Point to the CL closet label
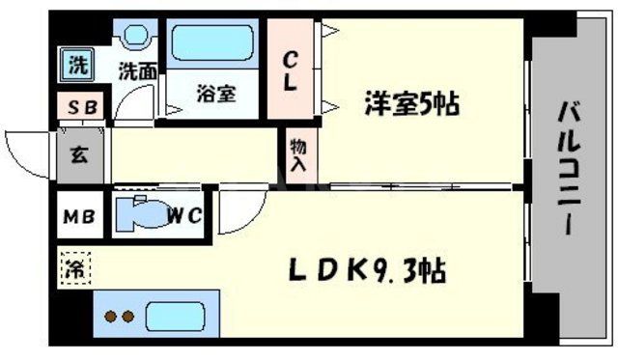(x=289, y=70)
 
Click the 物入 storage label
(x=297, y=154)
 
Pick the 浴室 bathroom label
(x=214, y=97)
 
